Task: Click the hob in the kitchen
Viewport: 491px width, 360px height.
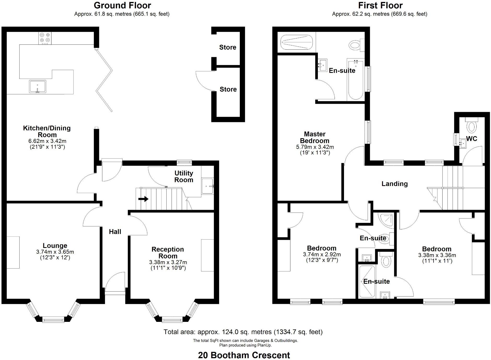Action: [x=45, y=38]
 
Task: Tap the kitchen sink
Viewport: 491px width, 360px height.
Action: [x=38, y=86]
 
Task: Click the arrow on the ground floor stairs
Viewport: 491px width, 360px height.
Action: [x=143, y=199]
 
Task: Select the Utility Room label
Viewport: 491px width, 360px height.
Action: [x=184, y=176]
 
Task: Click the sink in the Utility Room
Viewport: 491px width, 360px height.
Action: [x=208, y=186]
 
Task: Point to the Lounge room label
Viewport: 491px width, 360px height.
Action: [x=55, y=246]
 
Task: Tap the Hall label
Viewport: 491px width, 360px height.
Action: [x=115, y=231]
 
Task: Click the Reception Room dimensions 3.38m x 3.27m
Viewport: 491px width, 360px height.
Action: [x=168, y=262]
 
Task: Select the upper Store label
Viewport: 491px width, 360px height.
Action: [x=227, y=47]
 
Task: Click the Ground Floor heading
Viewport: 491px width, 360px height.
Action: [x=122, y=5]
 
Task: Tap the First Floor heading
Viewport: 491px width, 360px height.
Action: [x=380, y=5]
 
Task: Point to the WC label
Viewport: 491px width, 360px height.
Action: [x=471, y=139]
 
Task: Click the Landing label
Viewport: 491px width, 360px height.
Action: [x=394, y=184]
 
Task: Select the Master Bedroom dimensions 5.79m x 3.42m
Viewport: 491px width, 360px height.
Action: [x=315, y=147]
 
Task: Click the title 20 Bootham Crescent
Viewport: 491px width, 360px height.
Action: [x=244, y=355]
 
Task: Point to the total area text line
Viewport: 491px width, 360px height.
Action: [x=243, y=332]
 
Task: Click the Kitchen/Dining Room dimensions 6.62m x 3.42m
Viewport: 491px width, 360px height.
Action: [x=47, y=141]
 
